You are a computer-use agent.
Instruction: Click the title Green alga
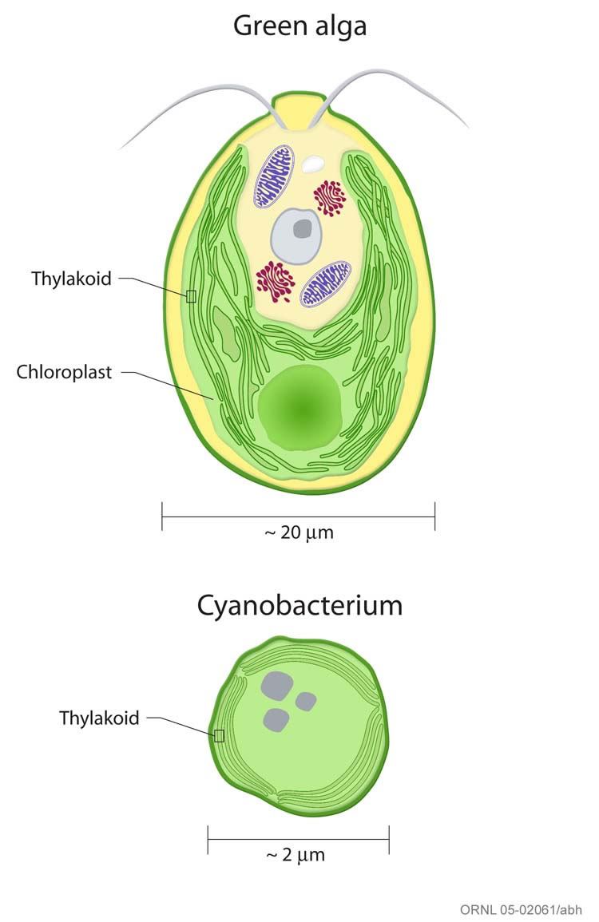pos(299,26)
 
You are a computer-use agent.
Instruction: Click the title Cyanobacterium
pos(299,606)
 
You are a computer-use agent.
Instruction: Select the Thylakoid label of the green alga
pos(71,279)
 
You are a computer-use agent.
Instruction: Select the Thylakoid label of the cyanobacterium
pos(99,718)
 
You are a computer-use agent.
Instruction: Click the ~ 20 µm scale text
pos(298,533)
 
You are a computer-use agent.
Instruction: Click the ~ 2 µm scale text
pos(296,855)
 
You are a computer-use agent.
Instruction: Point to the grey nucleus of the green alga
pos(296,235)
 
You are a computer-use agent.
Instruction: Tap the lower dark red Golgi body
pos(276,281)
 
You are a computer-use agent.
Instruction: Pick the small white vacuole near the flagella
pos(313,164)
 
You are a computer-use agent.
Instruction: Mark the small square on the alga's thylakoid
pos(191,297)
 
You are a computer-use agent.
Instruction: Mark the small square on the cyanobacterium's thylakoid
pos(218,735)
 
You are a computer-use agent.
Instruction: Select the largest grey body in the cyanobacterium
pos(277,685)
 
